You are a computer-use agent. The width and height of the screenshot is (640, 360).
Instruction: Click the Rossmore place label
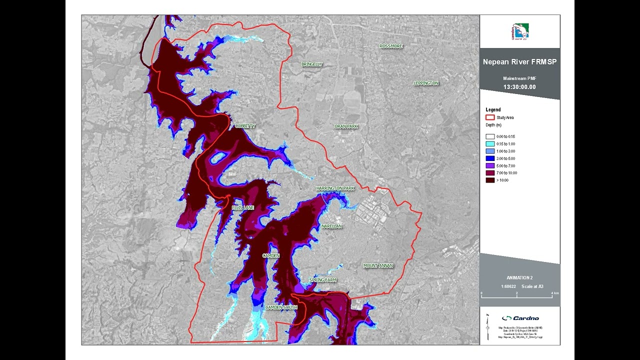coord(390,46)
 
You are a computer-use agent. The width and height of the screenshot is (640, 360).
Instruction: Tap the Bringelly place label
coord(311,64)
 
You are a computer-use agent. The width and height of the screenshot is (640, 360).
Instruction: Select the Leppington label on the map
coord(426,83)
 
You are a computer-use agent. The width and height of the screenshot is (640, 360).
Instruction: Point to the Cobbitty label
coord(245,126)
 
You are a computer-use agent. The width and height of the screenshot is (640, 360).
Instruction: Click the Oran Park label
coord(346,126)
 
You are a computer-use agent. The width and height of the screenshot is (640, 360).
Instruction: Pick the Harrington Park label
coord(335,188)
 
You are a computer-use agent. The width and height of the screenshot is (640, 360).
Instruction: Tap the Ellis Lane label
coord(243,207)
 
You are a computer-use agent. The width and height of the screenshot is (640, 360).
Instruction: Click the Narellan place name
coord(331,226)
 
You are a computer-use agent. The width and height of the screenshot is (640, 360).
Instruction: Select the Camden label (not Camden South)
coord(271,255)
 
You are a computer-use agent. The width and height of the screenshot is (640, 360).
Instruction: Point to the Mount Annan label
coord(378,265)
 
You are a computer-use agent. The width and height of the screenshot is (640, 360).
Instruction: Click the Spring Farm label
coord(322,280)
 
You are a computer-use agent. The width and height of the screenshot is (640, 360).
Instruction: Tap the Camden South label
coord(281,307)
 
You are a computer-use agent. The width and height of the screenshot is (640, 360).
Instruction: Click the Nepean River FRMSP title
coord(519,62)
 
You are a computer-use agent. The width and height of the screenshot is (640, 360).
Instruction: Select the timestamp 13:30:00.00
coord(519,87)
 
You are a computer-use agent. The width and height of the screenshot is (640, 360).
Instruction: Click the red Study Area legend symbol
coord(490,117)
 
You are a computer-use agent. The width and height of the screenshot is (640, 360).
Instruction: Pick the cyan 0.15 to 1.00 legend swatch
coord(490,144)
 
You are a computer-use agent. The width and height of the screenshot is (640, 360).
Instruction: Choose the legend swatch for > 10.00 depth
coord(490,180)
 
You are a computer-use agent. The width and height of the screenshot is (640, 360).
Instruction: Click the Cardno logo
coord(520,318)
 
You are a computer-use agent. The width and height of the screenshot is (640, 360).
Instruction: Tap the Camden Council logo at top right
coord(519,31)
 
